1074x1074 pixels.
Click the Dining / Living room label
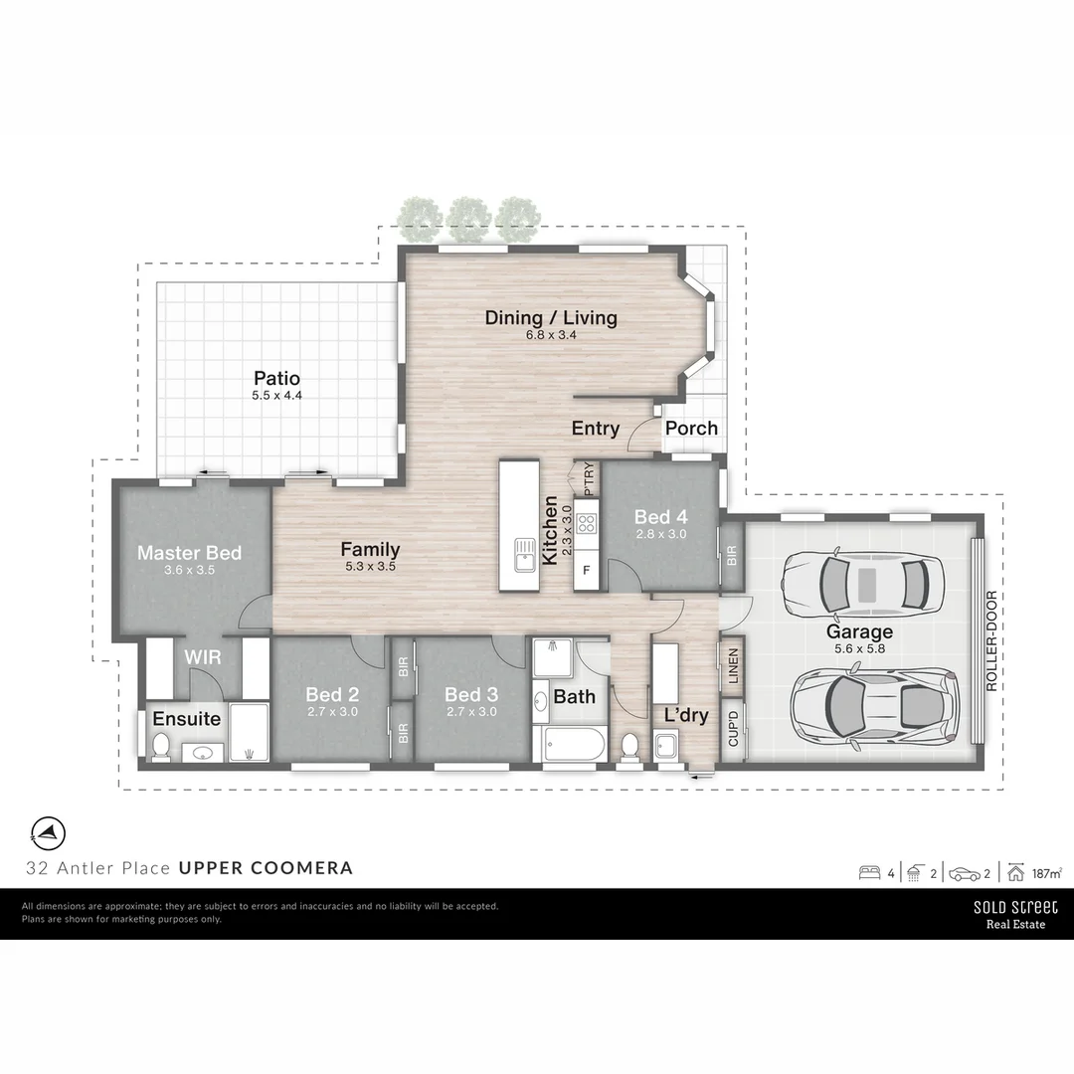point(551,318)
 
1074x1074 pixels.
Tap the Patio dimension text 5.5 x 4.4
point(276,396)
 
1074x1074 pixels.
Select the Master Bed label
point(189,553)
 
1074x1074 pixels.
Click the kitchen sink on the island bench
point(523,554)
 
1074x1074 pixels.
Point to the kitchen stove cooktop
point(586,525)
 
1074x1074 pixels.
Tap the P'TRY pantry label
point(589,478)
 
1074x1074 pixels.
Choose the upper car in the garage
point(861,584)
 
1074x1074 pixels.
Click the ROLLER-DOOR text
point(991,641)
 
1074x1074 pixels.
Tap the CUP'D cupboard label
point(733,729)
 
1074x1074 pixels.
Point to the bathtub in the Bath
point(575,744)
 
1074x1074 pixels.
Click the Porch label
point(691,429)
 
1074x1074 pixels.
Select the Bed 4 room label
point(660,517)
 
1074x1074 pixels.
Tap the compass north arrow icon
point(48,830)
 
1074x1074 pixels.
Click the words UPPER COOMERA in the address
point(266,868)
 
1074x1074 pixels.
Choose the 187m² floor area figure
point(1046,874)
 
